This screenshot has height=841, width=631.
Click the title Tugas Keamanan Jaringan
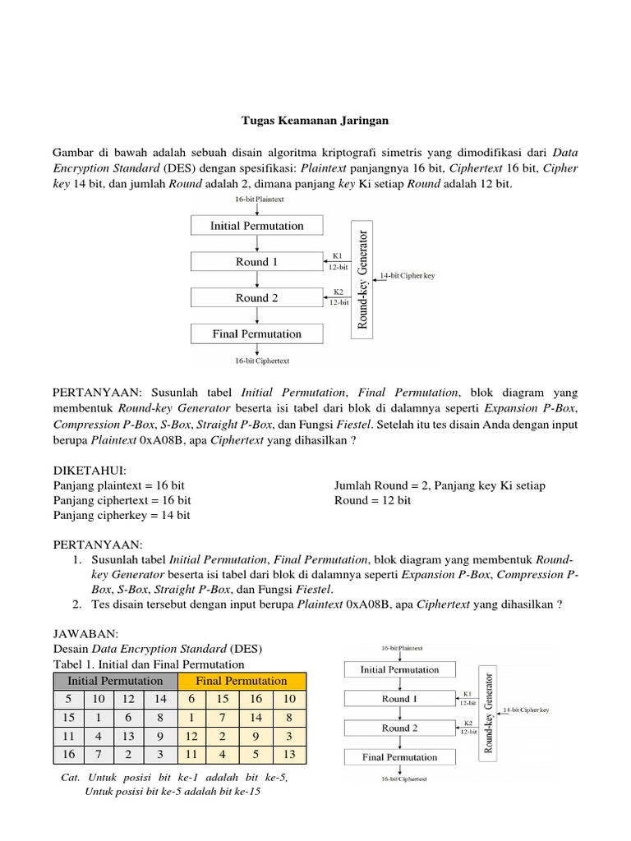point(315,121)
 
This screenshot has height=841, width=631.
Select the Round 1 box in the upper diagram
point(256,262)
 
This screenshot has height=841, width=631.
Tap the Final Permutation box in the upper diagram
point(256,334)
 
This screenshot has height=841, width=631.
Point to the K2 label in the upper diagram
point(338,292)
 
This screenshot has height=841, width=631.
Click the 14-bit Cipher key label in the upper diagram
point(408,276)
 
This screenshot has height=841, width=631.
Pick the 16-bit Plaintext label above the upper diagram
point(257,200)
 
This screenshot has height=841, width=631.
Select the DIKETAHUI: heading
point(90,471)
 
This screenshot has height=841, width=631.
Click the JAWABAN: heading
point(86,634)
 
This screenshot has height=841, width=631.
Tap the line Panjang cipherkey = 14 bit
point(122,515)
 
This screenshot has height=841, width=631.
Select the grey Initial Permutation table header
point(115,681)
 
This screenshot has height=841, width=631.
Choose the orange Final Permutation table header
point(241,681)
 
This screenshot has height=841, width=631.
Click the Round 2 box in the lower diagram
point(400,728)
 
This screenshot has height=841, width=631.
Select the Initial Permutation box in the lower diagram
point(400,669)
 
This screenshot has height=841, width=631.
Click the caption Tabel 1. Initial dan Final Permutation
point(149,664)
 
